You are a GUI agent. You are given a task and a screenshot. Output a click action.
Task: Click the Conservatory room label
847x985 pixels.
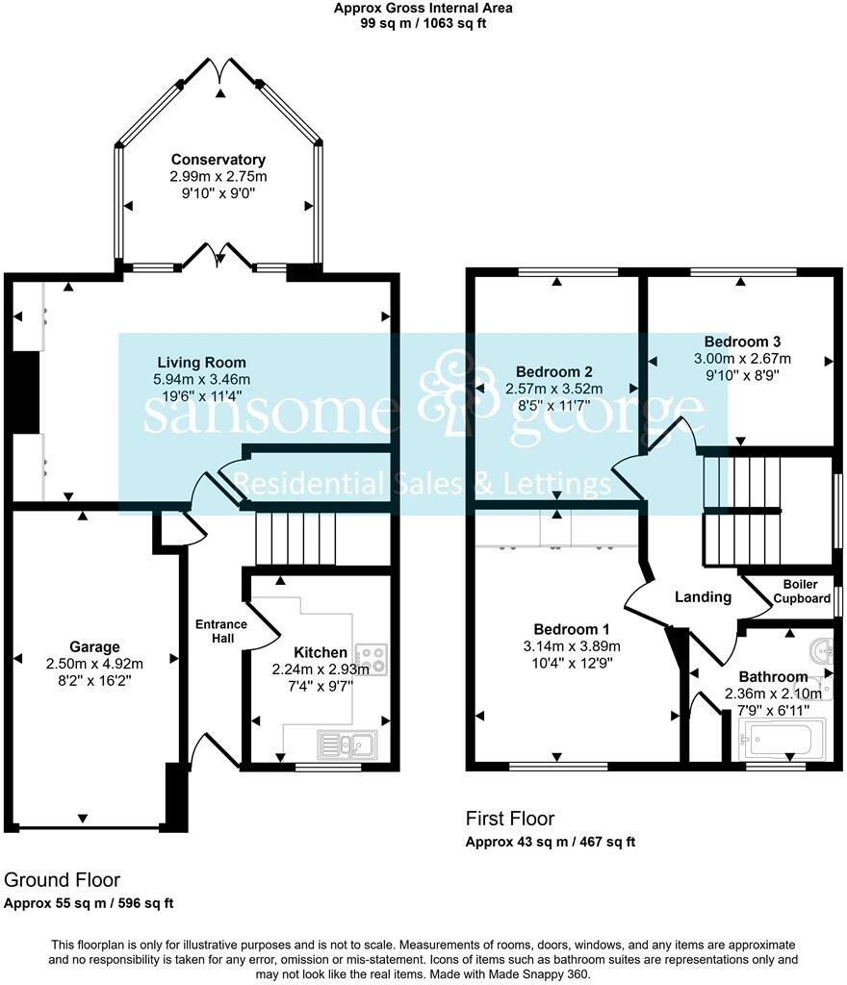click(218, 160)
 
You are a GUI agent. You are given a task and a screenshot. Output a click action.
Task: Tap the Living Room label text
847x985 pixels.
click(202, 363)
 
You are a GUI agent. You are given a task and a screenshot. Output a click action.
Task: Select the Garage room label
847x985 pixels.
click(94, 647)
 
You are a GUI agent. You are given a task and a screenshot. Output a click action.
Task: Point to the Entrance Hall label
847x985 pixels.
click(221, 631)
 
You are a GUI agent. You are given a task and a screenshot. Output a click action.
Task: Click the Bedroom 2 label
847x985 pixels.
click(553, 372)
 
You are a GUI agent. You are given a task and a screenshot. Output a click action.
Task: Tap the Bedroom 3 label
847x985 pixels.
click(742, 341)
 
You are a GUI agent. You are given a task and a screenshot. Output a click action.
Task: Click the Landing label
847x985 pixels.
click(703, 597)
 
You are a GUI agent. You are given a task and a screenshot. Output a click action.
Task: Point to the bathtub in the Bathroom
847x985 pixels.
click(778, 742)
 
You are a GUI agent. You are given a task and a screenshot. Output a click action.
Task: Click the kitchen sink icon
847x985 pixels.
click(346, 744)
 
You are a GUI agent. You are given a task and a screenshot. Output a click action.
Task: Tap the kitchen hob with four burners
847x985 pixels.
click(370, 658)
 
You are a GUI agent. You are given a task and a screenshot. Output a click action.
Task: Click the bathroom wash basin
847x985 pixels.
click(820, 649)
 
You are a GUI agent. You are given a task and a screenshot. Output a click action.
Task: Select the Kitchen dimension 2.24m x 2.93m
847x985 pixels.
click(321, 669)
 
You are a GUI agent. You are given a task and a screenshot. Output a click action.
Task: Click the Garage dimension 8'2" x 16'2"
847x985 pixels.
click(94, 680)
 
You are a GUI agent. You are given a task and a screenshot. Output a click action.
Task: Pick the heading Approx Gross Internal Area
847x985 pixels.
click(423, 8)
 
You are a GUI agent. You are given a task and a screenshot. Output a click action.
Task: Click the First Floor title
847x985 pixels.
click(510, 820)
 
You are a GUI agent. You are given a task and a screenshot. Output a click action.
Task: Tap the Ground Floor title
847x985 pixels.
click(63, 880)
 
